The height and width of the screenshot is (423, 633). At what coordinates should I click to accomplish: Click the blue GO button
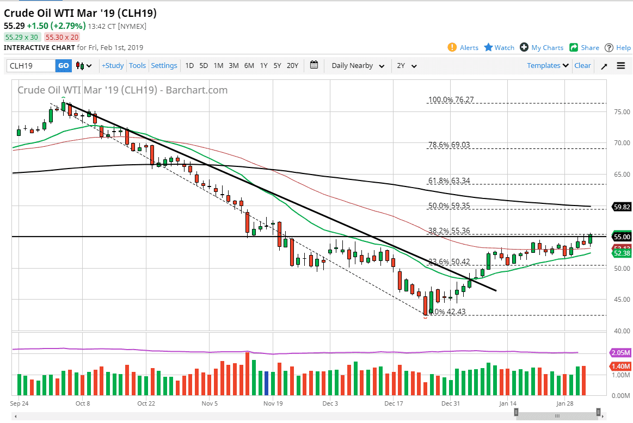64,66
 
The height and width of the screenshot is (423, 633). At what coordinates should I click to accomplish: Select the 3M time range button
233,66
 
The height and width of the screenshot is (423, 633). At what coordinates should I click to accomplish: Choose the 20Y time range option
292,66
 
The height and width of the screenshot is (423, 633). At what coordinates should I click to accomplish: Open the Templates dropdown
548,66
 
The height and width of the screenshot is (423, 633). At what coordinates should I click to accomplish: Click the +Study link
113,66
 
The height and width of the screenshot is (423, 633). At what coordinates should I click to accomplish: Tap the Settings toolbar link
164,66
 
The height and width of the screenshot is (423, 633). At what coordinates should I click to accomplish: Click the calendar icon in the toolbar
314,65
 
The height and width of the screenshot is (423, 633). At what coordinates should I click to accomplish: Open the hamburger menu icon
621,66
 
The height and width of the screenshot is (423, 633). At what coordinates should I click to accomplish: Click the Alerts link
463,48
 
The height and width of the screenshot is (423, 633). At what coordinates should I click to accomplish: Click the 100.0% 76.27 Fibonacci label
451,100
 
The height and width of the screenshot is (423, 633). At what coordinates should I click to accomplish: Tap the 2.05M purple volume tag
621,353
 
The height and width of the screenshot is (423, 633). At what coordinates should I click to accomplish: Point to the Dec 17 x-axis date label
393,403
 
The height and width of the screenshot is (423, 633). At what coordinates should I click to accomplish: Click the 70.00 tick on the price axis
618,143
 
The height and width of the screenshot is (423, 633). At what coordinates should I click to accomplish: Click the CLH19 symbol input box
32,66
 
